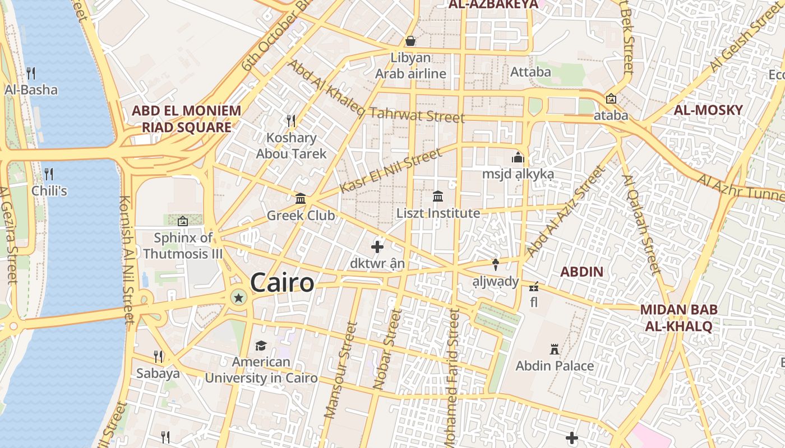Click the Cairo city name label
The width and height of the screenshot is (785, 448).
[x=282, y=283]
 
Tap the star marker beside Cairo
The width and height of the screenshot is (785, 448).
[x=239, y=297]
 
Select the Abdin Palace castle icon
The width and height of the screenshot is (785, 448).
[x=555, y=349]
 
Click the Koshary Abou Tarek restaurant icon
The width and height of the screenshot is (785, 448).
[x=291, y=120]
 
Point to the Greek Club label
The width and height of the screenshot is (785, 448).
[x=301, y=216]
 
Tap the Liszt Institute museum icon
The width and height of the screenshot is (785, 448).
[x=438, y=196]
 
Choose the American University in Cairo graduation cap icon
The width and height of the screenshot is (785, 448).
[x=261, y=346]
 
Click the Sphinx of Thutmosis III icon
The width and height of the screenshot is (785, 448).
[x=182, y=221]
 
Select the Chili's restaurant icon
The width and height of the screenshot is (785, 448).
[x=49, y=174]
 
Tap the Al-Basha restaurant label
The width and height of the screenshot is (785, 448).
[x=31, y=90]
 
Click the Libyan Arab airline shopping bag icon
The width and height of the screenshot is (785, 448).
[x=410, y=41]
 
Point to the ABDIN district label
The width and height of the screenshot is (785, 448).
[x=582, y=272]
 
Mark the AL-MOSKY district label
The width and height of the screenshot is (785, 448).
[x=708, y=110]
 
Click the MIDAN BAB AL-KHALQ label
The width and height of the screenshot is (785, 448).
[x=678, y=318]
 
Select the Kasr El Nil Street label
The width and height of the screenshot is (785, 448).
[x=391, y=170]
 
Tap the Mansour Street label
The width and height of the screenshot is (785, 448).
[x=340, y=370]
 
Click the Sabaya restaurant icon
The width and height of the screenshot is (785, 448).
[x=158, y=356]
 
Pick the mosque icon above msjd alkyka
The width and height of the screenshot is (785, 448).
[x=518, y=157]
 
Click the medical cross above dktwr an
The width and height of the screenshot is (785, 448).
[x=377, y=246]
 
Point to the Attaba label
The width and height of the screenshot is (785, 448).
[x=530, y=72]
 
